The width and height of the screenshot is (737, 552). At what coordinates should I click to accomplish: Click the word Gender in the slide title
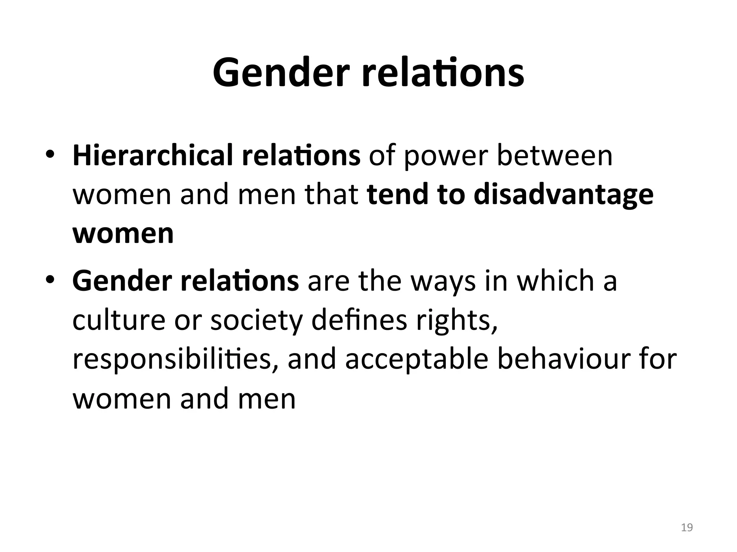pyautogui.click(x=281, y=74)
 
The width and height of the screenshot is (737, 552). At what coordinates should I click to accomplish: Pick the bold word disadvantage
pyautogui.click(x=564, y=195)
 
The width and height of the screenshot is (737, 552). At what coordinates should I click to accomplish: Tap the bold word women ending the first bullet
pyautogui.click(x=123, y=234)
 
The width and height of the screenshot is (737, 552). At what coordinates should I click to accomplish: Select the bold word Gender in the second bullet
pyautogui.click(x=122, y=281)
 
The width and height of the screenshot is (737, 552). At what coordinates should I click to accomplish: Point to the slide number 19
pyautogui.click(x=687, y=527)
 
